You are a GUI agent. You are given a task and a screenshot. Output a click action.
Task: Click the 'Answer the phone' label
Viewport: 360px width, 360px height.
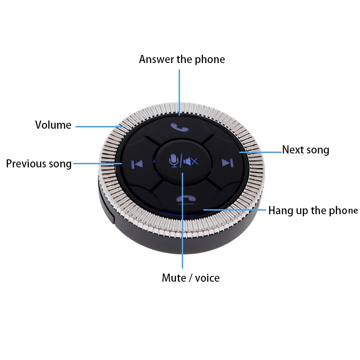point(182,59)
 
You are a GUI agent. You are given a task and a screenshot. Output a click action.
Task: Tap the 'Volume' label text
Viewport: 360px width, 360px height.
point(53,125)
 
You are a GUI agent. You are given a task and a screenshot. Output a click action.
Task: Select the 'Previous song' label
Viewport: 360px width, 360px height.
point(39,164)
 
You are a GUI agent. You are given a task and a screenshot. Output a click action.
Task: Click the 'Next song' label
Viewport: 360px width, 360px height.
point(306,150)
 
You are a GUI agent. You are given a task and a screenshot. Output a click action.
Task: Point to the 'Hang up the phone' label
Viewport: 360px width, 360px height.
point(313,211)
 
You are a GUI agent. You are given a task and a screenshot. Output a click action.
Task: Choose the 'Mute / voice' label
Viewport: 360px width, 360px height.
point(190,278)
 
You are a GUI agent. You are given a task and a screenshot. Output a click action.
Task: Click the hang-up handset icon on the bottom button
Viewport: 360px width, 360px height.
point(183,200)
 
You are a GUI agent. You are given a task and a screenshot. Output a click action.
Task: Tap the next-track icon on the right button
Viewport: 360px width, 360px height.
point(227,162)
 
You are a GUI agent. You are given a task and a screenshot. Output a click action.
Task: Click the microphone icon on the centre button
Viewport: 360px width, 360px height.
point(173,160)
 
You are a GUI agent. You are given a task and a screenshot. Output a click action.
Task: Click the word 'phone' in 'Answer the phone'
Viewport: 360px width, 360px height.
point(209,59)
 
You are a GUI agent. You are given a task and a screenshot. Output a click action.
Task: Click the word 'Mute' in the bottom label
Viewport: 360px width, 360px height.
point(173,278)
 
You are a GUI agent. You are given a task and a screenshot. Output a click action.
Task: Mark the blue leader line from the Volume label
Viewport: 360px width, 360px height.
point(99,126)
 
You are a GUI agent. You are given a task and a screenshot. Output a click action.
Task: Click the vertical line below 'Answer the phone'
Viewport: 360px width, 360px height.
point(180,90)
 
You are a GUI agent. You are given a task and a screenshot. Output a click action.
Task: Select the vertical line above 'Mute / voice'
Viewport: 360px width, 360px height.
point(183,225)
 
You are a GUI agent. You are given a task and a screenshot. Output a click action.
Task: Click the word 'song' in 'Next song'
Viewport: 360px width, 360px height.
point(318,150)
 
